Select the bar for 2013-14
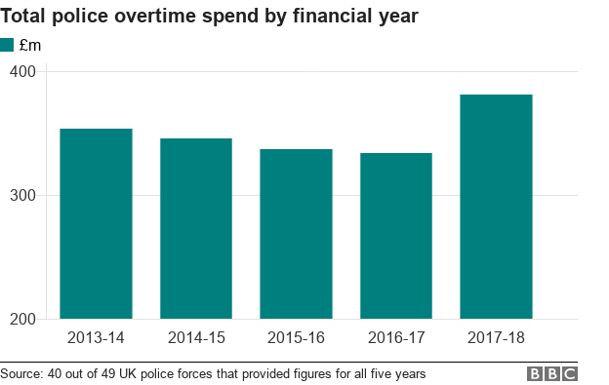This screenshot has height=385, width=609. [96, 224]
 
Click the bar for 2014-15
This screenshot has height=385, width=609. [196, 229]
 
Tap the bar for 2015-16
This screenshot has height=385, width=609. [296, 234]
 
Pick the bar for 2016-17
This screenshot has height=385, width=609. [395, 236]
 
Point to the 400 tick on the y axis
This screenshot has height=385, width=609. [23, 72]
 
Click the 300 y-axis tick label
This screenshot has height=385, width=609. [23, 196]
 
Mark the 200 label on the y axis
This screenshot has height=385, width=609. [23, 320]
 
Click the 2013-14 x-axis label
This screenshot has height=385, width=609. [96, 339]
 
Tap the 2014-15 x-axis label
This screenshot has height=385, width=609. [196, 339]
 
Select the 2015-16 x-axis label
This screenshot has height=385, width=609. [296, 339]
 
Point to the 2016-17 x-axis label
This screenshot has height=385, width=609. [395, 339]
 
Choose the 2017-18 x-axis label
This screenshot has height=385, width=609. [496, 339]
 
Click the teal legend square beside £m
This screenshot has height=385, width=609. [7, 45]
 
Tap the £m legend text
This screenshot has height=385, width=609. [30, 45]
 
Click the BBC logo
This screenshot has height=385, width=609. [553, 374]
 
